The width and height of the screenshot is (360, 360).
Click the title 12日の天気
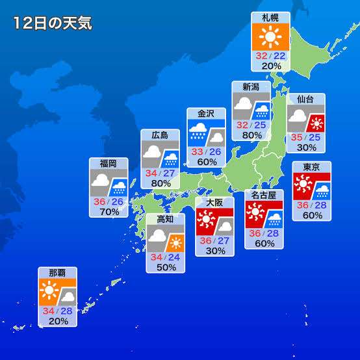point(52,23)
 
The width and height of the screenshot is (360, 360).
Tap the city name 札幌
point(271,18)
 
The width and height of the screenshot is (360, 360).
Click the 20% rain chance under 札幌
point(271,66)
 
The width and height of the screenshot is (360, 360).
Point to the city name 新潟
point(251,87)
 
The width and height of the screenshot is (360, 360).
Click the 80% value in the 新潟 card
point(251,135)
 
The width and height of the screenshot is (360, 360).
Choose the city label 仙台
point(305,99)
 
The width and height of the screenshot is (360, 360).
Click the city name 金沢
point(207,113)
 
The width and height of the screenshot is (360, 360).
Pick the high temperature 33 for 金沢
point(198,151)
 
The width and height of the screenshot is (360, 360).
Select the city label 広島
point(161,135)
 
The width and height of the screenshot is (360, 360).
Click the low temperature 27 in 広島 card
point(170,174)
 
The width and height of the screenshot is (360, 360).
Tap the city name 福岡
point(109,163)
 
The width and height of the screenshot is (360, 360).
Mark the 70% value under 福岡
point(109,211)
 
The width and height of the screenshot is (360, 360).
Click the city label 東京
point(311,167)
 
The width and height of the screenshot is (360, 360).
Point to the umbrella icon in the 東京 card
point(322,190)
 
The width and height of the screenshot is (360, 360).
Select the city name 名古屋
point(264,195)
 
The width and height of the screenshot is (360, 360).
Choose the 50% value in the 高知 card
point(166,267)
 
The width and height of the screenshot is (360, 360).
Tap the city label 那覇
point(57,272)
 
